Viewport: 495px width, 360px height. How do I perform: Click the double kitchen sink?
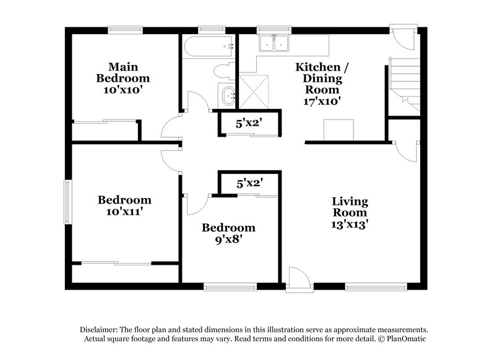274,43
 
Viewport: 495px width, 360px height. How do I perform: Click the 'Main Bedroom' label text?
123,72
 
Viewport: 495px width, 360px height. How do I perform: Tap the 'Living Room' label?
350,207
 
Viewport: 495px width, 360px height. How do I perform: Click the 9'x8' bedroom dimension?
228,239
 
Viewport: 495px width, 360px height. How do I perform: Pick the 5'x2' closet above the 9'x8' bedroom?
250,183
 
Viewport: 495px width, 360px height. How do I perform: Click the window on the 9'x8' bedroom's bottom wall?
230,286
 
